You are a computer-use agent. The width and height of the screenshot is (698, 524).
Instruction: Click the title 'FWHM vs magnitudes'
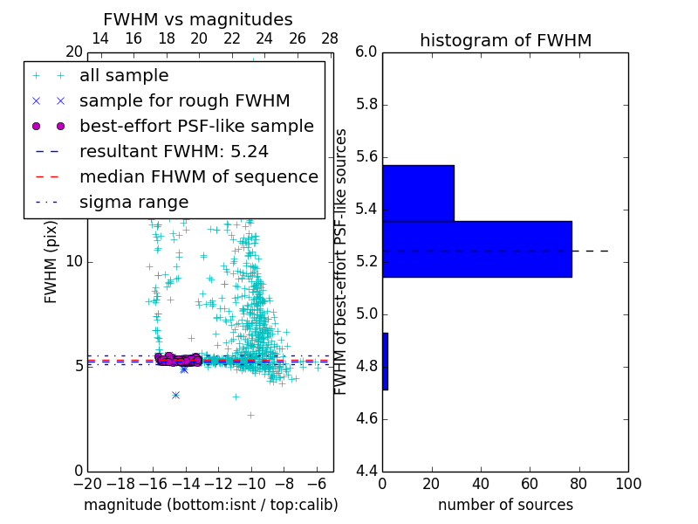tap(198, 20)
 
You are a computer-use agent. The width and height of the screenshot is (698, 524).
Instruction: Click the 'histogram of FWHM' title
tap(505, 40)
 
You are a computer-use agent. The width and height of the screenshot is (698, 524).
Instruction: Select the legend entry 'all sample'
tap(124, 76)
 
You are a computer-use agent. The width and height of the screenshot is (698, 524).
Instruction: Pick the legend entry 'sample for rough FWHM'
tap(184, 101)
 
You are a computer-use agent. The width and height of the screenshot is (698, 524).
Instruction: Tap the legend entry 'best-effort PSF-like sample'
tap(196, 127)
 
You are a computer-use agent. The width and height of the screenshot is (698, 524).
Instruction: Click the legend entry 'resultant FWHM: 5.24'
tap(174, 152)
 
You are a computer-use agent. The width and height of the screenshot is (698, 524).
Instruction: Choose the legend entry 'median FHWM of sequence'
tap(199, 177)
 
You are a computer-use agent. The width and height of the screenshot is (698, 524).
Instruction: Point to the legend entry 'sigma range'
tap(133, 203)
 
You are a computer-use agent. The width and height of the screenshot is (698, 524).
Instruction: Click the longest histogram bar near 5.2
tap(476, 249)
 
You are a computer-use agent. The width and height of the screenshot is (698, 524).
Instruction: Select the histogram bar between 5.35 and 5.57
tap(418, 193)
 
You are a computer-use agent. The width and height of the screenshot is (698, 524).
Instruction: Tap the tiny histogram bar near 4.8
tap(385, 361)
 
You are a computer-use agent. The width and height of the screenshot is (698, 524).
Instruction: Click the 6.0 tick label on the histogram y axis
tap(366, 52)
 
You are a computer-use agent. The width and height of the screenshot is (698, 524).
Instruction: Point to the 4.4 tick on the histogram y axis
tap(366, 471)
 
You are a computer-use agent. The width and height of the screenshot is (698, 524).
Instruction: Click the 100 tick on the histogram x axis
tap(627, 484)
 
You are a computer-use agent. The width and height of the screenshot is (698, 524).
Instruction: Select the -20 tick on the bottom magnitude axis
tap(87, 484)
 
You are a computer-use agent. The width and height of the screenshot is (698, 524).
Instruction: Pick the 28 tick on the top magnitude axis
tap(330, 38)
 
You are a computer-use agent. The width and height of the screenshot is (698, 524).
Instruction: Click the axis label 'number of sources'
tap(505, 505)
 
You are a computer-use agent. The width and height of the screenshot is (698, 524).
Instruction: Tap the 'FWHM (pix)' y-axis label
tap(51, 262)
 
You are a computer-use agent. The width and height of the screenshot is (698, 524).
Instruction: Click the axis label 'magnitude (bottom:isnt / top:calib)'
tap(210, 505)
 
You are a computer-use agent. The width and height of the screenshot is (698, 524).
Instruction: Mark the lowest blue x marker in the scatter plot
tap(175, 395)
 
